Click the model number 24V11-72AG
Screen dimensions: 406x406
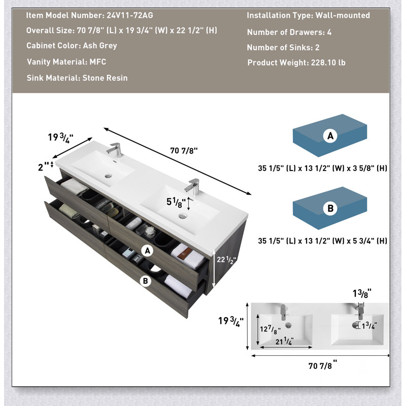pos(130,15)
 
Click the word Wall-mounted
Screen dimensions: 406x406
pos(343,15)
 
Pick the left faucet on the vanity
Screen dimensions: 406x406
pos(115,150)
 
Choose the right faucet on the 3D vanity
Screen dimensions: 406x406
pos(193,186)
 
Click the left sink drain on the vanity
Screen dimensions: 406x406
pos(108,176)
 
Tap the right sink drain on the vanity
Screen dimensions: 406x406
pos(183,216)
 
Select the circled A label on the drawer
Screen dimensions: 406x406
pos(147,251)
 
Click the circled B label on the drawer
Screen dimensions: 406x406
pos(145,281)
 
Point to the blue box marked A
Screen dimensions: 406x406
pos(330,136)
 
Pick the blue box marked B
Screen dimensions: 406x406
pos(330,208)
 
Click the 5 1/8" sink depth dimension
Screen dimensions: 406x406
pos(176,202)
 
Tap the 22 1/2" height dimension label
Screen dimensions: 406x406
pos(226,260)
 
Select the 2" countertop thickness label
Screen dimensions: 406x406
pos(43,167)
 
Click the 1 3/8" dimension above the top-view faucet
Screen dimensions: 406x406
pos(362,293)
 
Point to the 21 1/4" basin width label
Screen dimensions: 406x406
pos(284,341)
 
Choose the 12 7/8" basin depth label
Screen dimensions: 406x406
pos(270,329)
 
